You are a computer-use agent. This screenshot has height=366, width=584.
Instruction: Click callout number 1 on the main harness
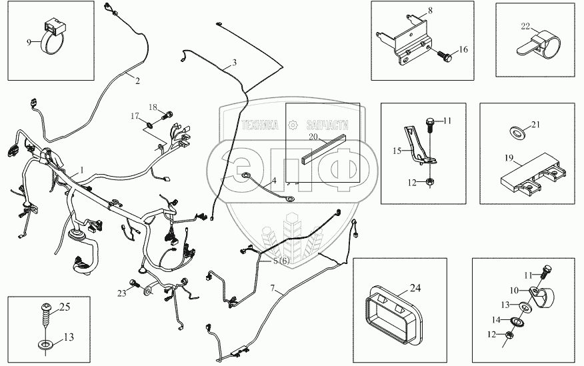[x=82, y=170]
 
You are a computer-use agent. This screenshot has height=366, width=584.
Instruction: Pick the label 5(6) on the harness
[x=281, y=261]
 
